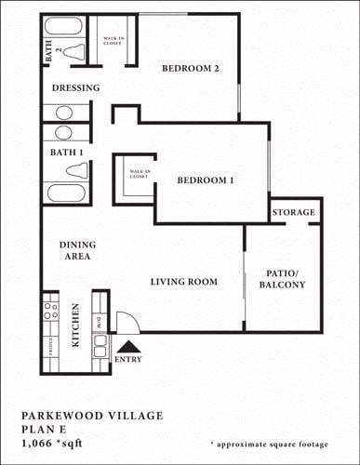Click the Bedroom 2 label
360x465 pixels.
point(190,69)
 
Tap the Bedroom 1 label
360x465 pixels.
point(205,179)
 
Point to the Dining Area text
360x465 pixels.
point(78,250)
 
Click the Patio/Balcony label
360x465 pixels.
point(282,278)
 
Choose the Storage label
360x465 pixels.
point(294,213)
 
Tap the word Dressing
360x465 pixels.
point(75,88)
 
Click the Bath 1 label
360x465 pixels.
point(67,152)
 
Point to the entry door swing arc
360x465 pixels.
point(130,319)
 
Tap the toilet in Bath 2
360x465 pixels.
point(76,53)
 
